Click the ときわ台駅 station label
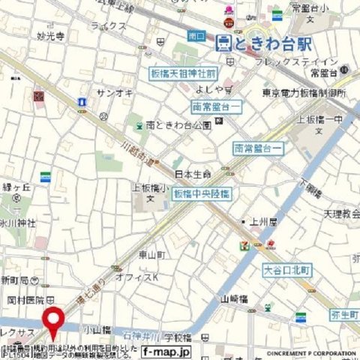click(x=263, y=43)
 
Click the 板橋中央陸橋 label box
click(x=202, y=193)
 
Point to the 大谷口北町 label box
click(x=286, y=269)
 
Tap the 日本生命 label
click(x=193, y=174)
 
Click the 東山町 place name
click(x=152, y=255)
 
